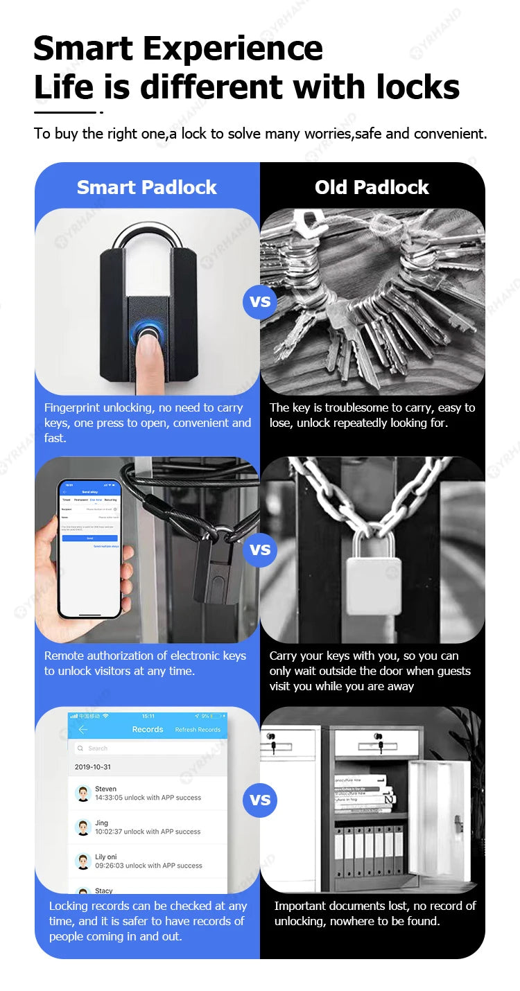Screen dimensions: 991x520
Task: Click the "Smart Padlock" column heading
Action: [146, 187]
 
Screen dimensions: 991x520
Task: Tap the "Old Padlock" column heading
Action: [372, 187]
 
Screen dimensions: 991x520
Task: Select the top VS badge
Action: [260, 302]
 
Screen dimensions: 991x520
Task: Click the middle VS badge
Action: [260, 550]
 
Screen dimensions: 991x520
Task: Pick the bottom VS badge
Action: [260, 800]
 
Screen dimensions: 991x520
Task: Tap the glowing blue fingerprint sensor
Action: [147, 332]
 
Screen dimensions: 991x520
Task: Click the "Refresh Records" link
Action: [198, 730]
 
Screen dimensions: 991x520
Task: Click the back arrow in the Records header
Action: [83, 730]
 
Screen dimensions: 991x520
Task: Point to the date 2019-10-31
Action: [93, 767]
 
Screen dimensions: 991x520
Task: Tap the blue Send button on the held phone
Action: [89, 538]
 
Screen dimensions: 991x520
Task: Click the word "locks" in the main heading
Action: [418, 87]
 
